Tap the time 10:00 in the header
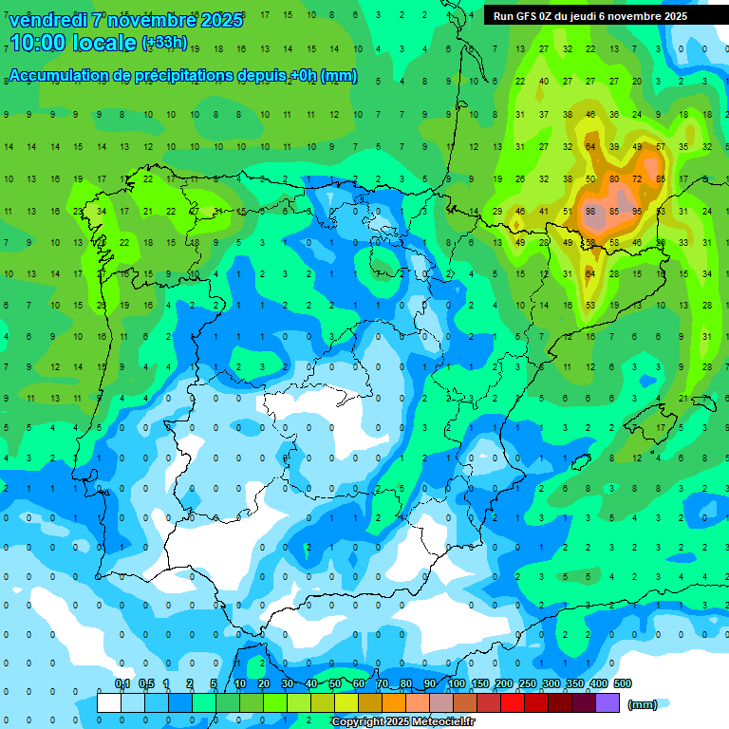point(42,43)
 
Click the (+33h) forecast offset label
point(164,43)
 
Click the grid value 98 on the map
point(590,211)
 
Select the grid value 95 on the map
point(636,211)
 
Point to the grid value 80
point(614,178)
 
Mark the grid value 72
point(637,178)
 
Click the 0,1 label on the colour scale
point(122,683)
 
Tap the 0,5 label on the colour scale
point(146,683)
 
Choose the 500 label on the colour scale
point(623,683)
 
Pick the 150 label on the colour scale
point(480,683)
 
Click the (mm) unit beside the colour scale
point(643,704)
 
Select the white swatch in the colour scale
point(109,702)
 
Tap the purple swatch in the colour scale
point(608,702)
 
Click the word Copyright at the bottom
point(358,722)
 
